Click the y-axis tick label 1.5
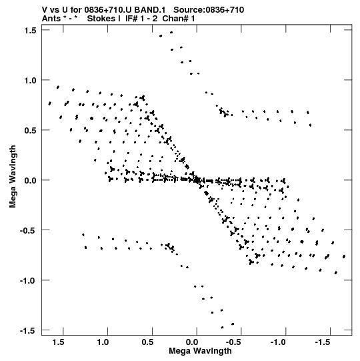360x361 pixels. point(30,31)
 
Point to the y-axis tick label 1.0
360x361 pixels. point(30,80)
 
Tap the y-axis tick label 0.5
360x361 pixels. point(30,130)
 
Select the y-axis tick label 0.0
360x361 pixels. point(30,180)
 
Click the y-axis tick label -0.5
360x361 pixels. point(28,230)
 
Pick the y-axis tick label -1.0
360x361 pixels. point(28,281)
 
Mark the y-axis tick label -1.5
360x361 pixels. point(28,331)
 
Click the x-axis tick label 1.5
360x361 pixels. point(58,342)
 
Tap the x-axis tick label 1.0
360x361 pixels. point(103,342)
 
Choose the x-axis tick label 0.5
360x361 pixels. point(147,342)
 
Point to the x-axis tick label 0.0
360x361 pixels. point(192,342)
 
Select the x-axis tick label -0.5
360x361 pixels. point(235,342)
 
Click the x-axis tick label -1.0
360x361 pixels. point(279,342)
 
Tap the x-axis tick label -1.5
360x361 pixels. point(324,342)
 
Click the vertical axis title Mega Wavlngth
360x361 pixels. point(13,176)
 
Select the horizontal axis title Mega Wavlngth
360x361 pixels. point(200,352)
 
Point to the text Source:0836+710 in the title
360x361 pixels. point(209,10)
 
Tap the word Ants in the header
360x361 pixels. point(51,19)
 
